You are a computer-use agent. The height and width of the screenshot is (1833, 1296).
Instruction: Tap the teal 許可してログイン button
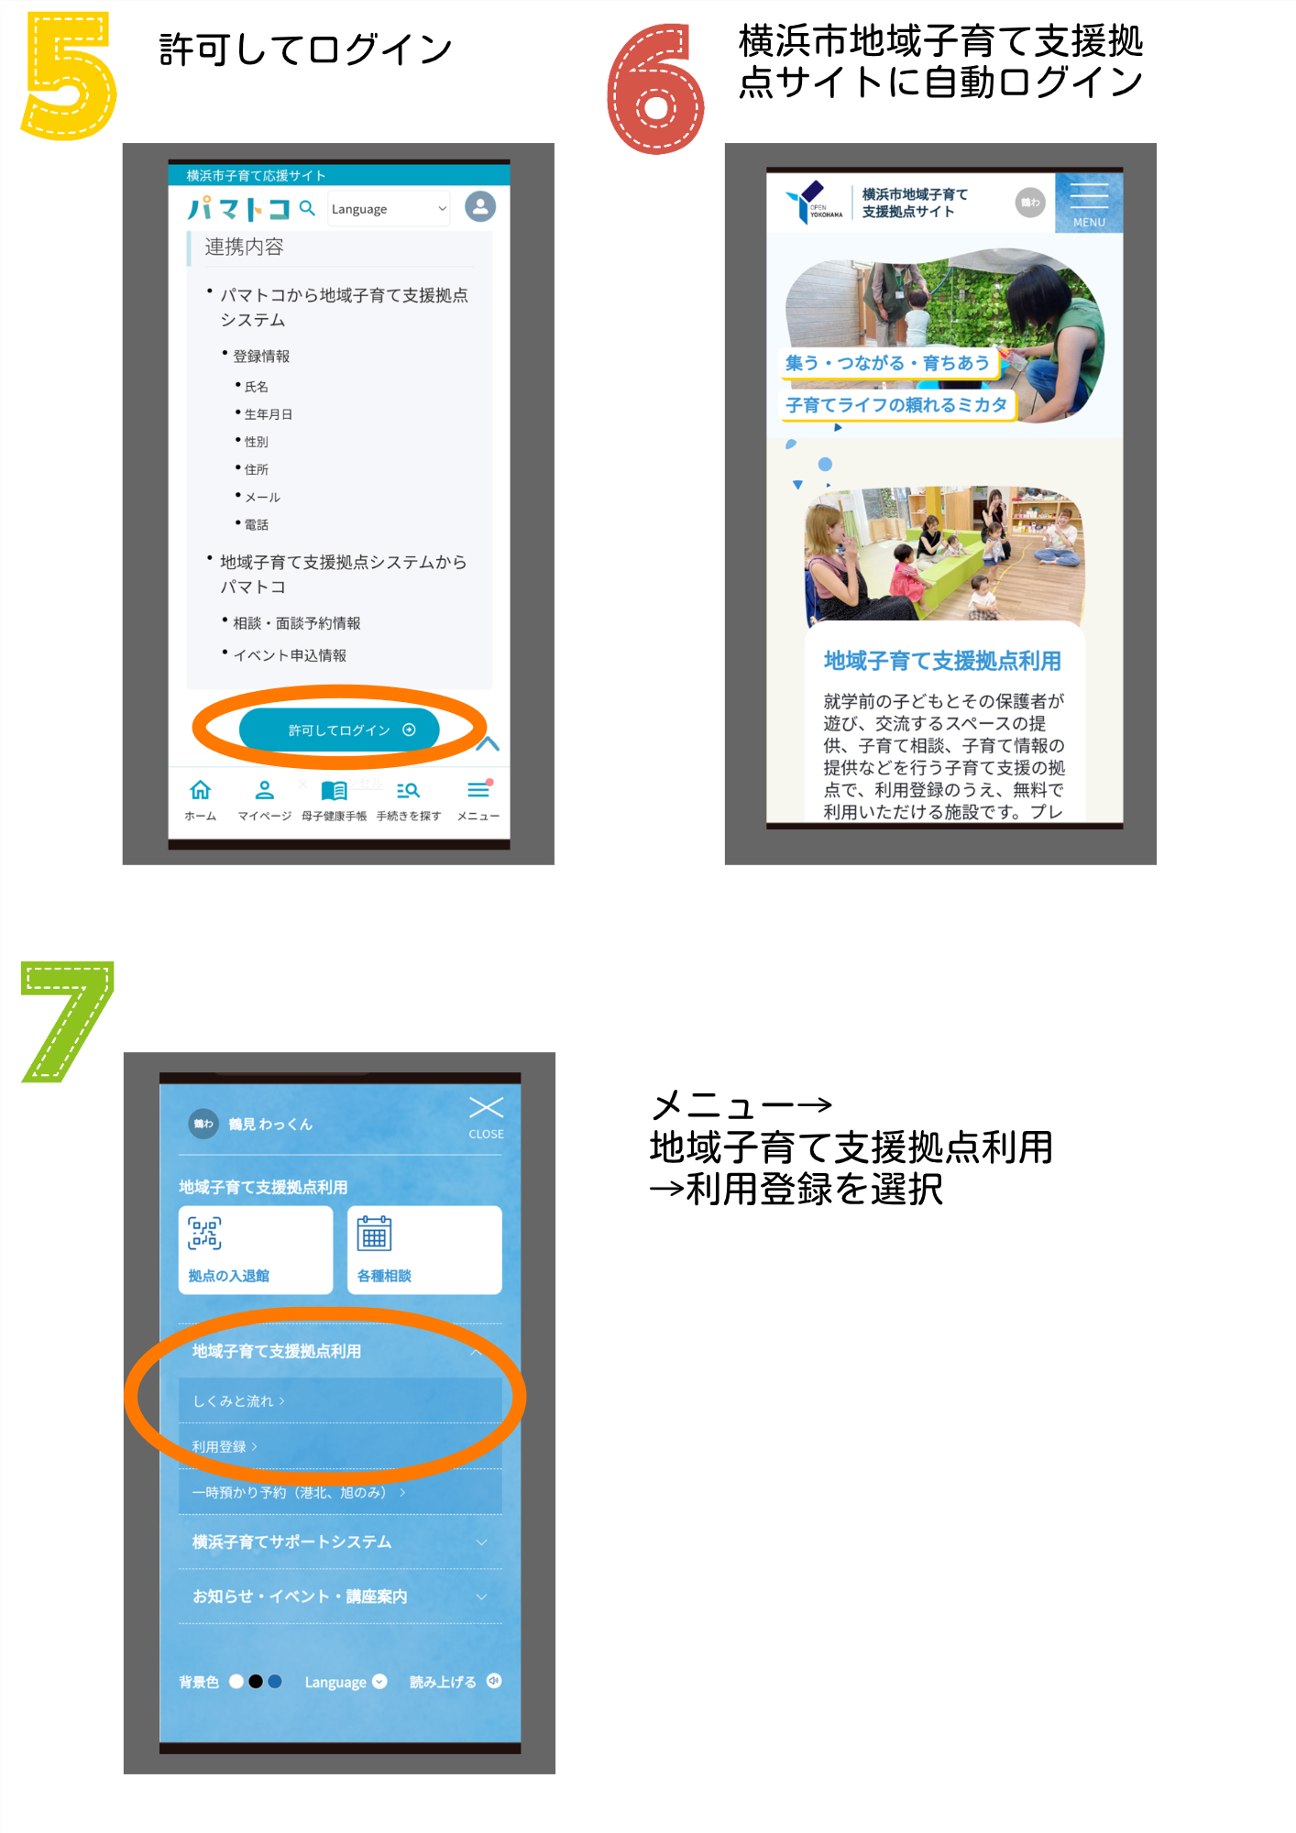[x=339, y=730]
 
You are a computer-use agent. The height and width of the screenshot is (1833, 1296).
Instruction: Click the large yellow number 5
[x=69, y=75]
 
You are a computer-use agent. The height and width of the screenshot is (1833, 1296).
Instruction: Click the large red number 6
[x=655, y=89]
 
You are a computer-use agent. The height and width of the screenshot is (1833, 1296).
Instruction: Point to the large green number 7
[x=67, y=1021]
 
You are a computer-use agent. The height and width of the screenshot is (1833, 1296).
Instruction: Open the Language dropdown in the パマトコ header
[x=389, y=209]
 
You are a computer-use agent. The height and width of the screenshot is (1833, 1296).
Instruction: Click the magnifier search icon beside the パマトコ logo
[x=307, y=208]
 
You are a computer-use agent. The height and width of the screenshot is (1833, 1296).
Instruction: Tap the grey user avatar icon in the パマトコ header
[x=480, y=206]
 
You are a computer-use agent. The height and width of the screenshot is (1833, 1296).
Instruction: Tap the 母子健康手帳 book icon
[x=334, y=790]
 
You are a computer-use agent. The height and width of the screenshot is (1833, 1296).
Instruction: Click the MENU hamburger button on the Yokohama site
[x=1089, y=203]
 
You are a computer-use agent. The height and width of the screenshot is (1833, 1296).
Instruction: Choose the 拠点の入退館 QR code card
[x=256, y=1250]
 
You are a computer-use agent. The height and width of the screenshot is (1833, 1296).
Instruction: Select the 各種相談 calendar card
[x=424, y=1250]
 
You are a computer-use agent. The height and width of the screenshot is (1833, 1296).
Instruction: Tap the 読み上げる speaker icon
[x=494, y=1681]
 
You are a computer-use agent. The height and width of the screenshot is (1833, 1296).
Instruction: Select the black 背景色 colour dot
[x=256, y=1681]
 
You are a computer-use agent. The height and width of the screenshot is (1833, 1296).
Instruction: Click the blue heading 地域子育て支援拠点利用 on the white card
[x=942, y=661]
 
